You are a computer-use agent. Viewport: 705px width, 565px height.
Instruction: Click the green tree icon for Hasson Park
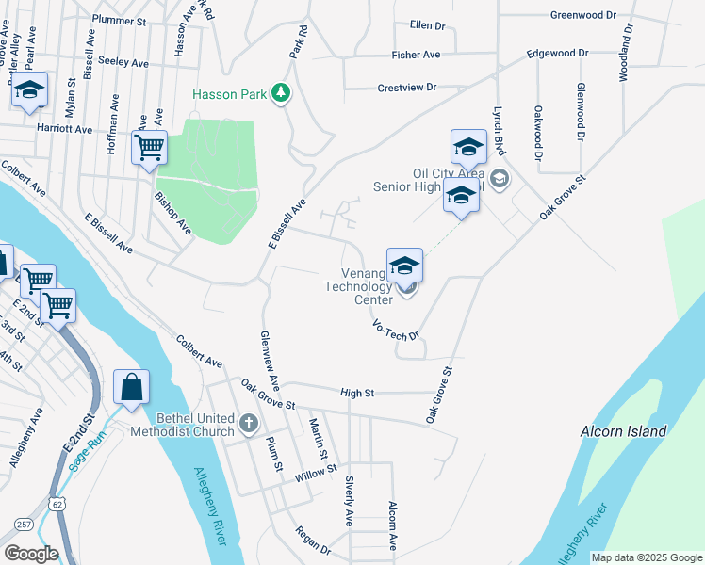click(280, 92)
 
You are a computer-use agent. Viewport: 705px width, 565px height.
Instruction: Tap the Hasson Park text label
click(229, 94)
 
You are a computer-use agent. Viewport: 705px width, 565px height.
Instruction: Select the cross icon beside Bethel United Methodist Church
click(249, 423)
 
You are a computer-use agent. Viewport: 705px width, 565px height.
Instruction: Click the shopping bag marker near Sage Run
click(131, 387)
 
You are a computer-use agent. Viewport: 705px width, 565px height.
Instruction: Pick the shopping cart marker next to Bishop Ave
click(150, 149)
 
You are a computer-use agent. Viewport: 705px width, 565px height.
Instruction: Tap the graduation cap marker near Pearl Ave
click(29, 91)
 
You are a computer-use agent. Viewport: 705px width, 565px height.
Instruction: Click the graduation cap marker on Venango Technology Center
click(404, 266)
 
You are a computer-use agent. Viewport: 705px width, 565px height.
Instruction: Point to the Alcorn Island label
click(625, 431)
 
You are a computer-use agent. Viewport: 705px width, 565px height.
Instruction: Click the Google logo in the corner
click(31, 554)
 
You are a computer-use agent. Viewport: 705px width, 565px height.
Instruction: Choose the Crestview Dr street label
click(407, 87)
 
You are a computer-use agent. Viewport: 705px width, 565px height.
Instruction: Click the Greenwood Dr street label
click(582, 15)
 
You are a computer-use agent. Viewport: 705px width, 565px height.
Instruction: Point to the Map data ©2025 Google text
click(647, 557)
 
